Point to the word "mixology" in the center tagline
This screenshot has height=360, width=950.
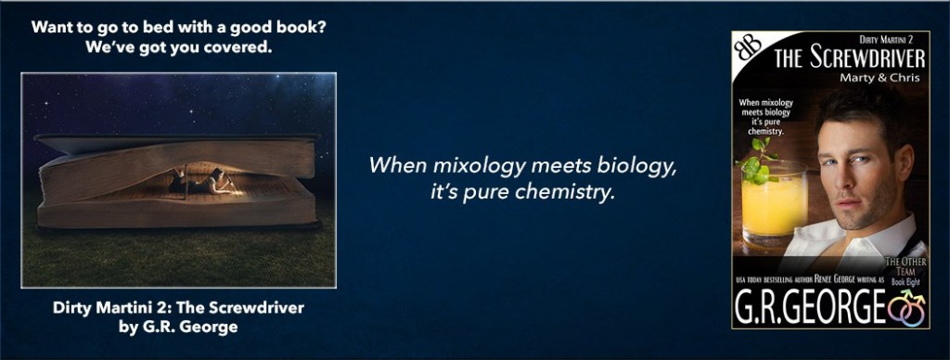(446, 165)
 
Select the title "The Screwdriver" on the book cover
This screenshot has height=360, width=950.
(850, 58)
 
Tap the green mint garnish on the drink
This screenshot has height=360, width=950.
(755, 161)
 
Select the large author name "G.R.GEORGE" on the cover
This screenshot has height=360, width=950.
(810, 308)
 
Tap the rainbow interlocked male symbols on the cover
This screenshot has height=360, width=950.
(906, 307)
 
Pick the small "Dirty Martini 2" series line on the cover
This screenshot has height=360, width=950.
(886, 39)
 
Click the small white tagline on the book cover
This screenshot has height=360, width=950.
(766, 117)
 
